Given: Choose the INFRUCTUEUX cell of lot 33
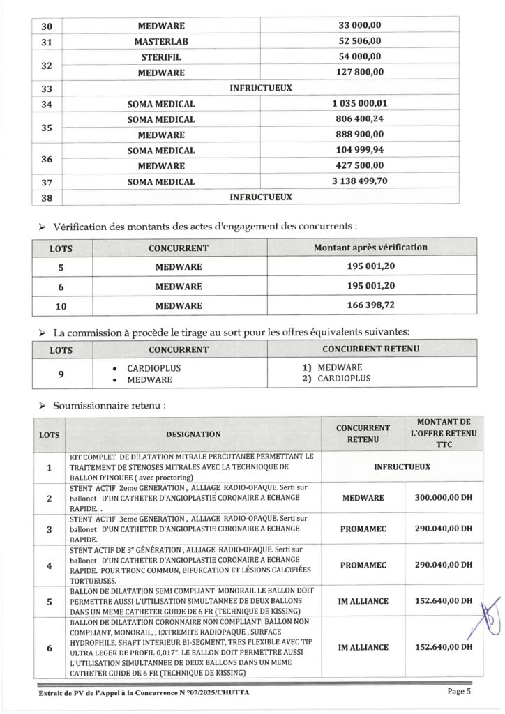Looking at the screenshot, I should coord(260,89).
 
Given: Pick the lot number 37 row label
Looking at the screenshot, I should coord(47,182).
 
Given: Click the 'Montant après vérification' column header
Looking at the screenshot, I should coord(370,248).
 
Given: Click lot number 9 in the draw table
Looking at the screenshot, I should coord(61,374).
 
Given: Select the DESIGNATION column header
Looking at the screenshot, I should coord(193,434).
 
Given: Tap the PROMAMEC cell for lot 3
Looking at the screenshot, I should coord(360,530).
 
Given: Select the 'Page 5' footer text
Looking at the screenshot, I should coord(459,692).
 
